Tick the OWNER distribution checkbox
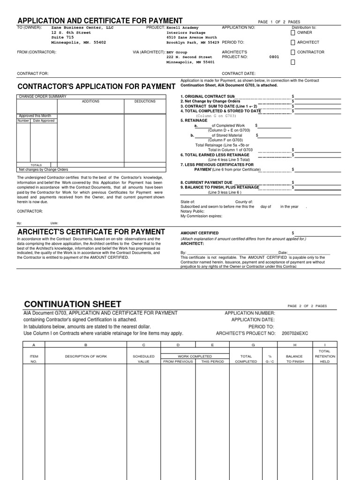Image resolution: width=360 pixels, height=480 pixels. pyautogui.click(x=293, y=33)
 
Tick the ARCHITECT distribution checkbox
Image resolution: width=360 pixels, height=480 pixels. pyautogui.click(x=293, y=42)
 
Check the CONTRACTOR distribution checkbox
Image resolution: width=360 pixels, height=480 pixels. pyautogui.click(x=293, y=52)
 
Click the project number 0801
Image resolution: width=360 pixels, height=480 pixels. pyautogui.click(x=274, y=57)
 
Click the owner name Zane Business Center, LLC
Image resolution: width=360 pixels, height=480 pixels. pyautogui.click(x=82, y=28)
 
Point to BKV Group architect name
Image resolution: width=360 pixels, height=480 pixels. pyautogui.click(x=177, y=52)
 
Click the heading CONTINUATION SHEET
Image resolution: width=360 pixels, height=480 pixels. pyautogui.click(x=72, y=304)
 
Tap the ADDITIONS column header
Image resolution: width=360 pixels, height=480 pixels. pyautogui.click(x=90, y=101)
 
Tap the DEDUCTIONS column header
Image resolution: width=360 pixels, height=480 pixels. pyautogui.click(x=145, y=101)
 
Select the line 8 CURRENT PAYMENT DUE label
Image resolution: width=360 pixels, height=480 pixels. pyautogui.click(x=206, y=182)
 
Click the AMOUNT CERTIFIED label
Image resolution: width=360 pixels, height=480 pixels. pyautogui.click(x=200, y=233)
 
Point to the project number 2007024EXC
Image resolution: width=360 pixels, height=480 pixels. pyautogui.click(x=295, y=333)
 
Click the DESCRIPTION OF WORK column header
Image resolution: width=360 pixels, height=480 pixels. pyautogui.click(x=86, y=356)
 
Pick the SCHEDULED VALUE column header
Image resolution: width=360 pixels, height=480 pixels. pyautogui.click(x=143, y=359)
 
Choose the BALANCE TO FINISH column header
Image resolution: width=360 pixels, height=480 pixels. pyautogui.click(x=295, y=359)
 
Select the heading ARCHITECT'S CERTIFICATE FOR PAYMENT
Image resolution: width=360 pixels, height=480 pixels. pyautogui.click(x=91, y=232)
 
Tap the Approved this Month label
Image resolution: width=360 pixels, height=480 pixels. pyautogui.click(x=35, y=116)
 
